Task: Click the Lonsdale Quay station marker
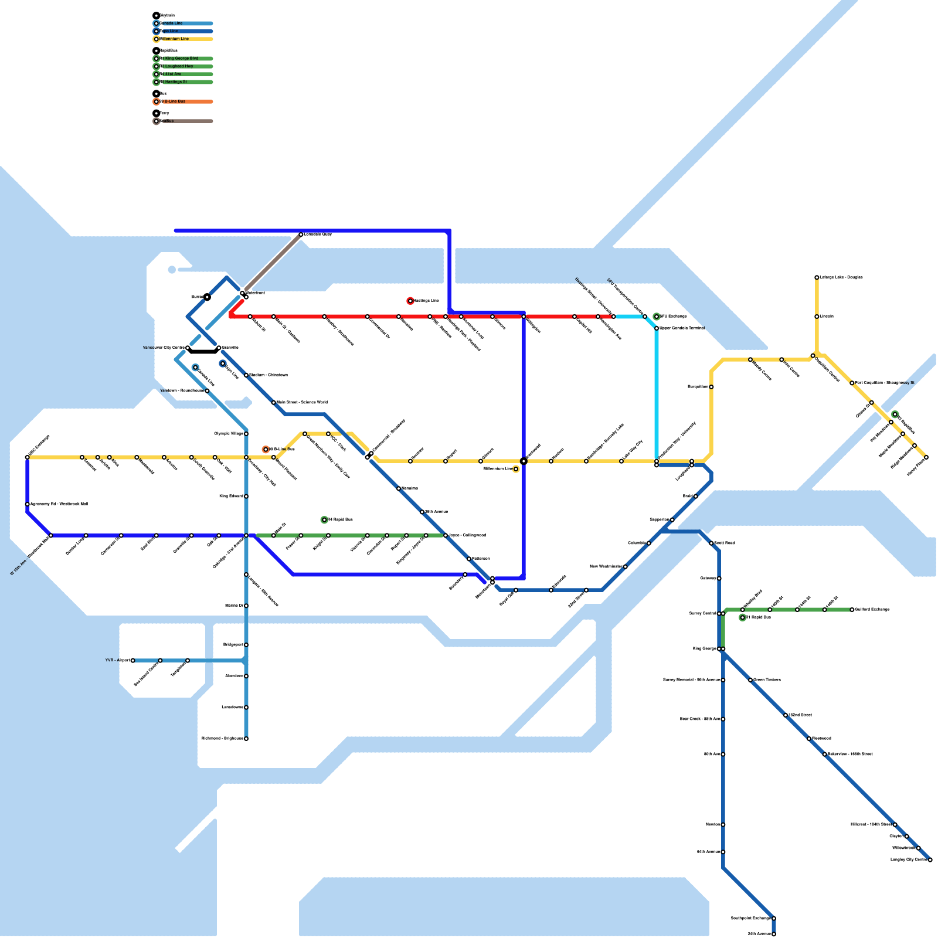tap(301, 235)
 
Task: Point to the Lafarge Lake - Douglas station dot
tap(817, 277)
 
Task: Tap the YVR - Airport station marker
tap(133, 661)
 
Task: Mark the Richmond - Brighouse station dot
tap(246, 739)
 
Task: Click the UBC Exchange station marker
tap(28, 457)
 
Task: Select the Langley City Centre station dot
tap(930, 860)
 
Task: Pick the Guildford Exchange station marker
tap(852, 610)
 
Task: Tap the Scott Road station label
tap(725, 543)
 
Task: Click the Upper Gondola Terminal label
tap(682, 328)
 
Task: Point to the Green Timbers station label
tap(767, 680)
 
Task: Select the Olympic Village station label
tap(229, 434)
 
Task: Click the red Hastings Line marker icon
tap(410, 301)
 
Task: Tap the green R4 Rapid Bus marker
tap(324, 520)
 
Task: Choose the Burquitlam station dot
tap(711, 387)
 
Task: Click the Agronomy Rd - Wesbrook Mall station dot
tap(28, 504)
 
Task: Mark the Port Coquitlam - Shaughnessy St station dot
tap(852, 383)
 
